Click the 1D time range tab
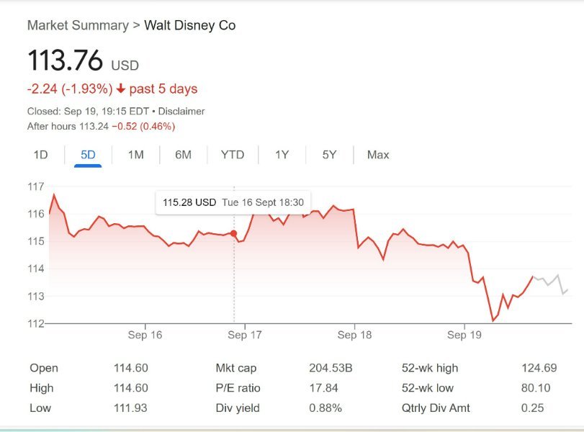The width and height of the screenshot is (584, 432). pos(40,155)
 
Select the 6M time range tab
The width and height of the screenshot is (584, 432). pos(183,155)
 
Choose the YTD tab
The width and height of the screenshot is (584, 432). pos(232,155)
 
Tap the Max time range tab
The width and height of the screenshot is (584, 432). pos(377,155)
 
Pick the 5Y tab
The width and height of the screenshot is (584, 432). pos(329,155)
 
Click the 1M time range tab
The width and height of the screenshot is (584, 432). pos(135,155)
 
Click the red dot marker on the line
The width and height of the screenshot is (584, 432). pos(234,233)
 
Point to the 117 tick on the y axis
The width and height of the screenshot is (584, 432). pos(35,186)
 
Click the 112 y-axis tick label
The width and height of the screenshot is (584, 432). pos(35,323)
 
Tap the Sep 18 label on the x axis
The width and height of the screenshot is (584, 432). pos(354,336)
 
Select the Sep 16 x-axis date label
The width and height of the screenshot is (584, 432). pos(145,336)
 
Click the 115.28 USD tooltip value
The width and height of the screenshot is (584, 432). pos(189,203)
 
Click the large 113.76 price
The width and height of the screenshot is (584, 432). pos(66,60)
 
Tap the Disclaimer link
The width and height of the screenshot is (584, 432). pos(181,112)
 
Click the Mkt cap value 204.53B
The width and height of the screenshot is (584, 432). pos(331,368)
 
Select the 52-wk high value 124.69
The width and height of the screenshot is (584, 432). pos(539,368)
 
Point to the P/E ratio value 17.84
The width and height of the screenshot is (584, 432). pos(323,388)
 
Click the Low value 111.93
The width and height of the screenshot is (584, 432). pos(131,408)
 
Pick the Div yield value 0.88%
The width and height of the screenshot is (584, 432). pos(325,408)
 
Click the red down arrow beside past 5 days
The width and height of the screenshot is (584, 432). pos(120,89)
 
